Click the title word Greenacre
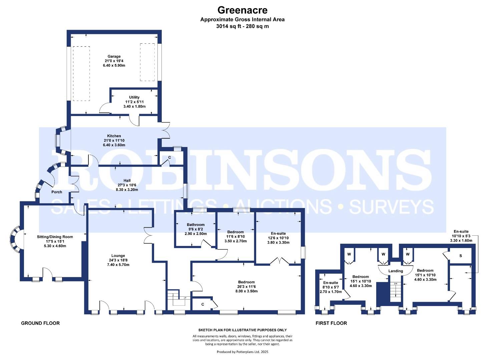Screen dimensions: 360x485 point(242,10)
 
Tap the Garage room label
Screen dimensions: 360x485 point(114,56)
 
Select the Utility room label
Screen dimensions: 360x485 point(134,97)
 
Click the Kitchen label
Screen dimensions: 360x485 point(114,136)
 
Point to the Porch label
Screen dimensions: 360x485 point(57,192)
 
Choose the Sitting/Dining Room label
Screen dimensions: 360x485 point(55,237)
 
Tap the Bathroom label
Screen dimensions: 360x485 point(195,225)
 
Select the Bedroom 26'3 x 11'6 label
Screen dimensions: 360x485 point(246,282)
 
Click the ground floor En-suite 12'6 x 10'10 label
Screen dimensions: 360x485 point(278,234)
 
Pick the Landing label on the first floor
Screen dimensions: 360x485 point(396,271)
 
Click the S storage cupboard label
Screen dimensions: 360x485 point(461,256)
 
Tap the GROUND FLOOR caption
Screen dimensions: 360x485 point(40,323)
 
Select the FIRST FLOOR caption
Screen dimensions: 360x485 point(331,323)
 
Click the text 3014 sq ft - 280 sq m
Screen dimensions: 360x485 point(242,26)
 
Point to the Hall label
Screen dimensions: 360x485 point(127,181)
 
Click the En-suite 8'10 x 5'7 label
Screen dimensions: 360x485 point(330,283)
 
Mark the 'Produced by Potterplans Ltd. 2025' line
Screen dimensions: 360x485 point(242,352)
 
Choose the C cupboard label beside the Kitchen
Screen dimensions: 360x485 point(169,157)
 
